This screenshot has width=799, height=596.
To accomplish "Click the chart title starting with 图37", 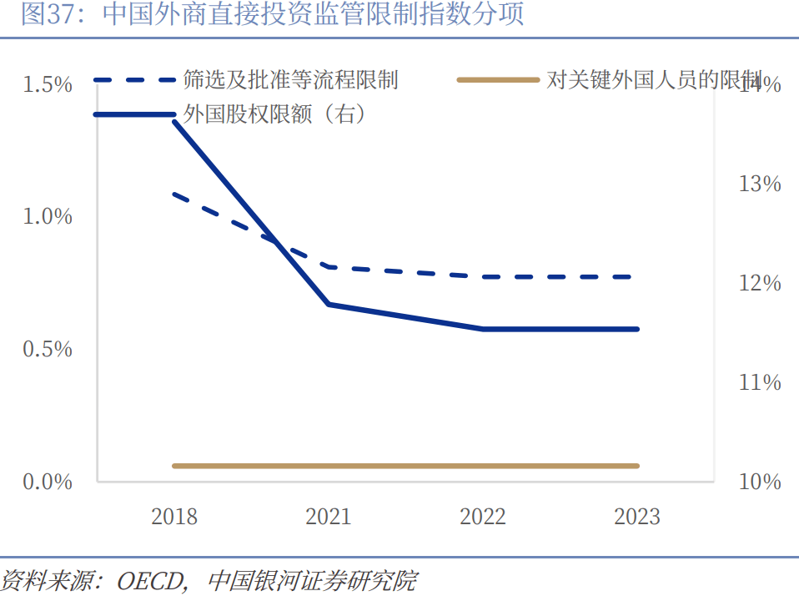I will pyautogui.click(x=272, y=15).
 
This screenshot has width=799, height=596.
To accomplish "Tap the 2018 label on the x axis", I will pyautogui.click(x=174, y=517).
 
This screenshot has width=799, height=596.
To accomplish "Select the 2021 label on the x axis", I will pyautogui.click(x=329, y=517).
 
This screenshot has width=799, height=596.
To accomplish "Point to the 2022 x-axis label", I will pyautogui.click(x=483, y=517).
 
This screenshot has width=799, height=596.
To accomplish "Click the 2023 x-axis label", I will pyautogui.click(x=637, y=517).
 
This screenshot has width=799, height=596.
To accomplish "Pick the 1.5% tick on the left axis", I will pyautogui.click(x=48, y=84).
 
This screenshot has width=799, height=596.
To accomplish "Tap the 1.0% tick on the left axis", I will pyautogui.click(x=48, y=217).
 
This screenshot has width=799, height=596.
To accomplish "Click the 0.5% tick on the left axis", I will pyautogui.click(x=48, y=349).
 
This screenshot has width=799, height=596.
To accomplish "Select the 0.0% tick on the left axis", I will pyautogui.click(x=48, y=482).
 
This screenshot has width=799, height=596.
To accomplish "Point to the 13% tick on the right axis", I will pyautogui.click(x=760, y=184).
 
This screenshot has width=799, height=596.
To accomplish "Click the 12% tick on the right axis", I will pyautogui.click(x=760, y=283).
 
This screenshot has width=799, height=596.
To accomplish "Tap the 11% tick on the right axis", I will pyautogui.click(x=760, y=382).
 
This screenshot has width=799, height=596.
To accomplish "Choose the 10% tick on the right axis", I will pyautogui.click(x=760, y=482).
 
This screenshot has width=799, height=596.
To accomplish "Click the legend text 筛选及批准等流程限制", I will pyautogui.click(x=290, y=80).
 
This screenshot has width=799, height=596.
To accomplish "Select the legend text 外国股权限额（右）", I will pyautogui.click(x=274, y=114).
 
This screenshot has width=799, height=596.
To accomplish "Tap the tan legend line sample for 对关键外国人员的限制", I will pyautogui.click(x=499, y=80).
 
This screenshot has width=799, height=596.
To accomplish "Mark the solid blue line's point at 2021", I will pyautogui.click(x=329, y=304).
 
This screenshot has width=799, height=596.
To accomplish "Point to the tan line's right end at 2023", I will pyautogui.click(x=637, y=466).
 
